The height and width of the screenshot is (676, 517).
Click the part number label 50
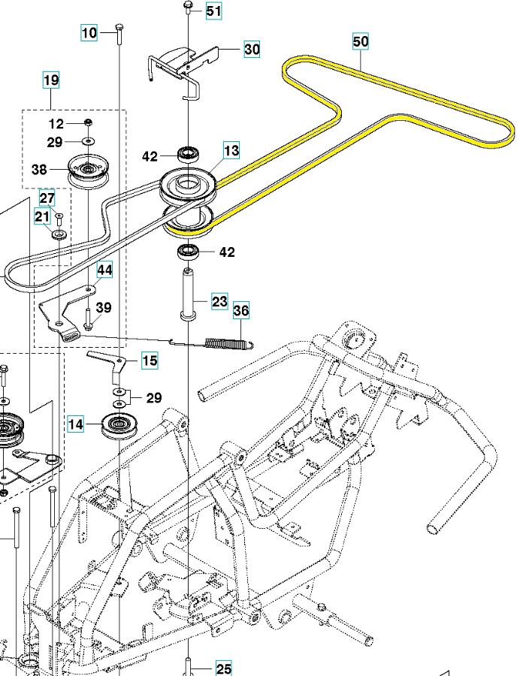361,42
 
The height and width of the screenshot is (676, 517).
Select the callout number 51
214,11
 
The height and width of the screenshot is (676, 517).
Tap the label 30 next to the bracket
252,50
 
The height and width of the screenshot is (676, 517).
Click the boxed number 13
231,151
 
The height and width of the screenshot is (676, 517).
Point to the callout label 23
219,303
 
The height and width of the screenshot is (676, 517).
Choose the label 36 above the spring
241,310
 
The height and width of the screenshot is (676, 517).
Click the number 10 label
90,32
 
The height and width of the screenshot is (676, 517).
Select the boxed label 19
51,80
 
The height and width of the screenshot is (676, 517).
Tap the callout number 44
104,270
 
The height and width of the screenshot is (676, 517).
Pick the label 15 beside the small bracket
150,361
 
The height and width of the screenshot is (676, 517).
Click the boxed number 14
77,425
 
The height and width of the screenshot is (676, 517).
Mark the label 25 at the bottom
224,668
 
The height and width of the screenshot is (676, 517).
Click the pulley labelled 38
89,169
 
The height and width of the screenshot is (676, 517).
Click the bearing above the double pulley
188,155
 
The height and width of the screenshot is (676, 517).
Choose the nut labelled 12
88,123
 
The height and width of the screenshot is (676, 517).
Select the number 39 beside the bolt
104,307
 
